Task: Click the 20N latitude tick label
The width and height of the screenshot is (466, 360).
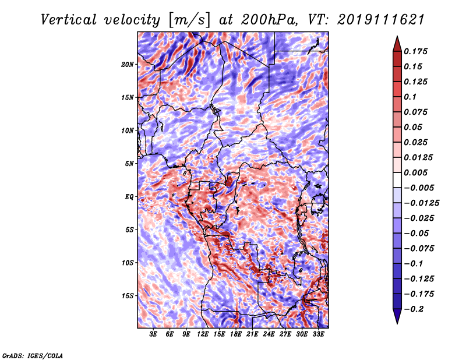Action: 128,64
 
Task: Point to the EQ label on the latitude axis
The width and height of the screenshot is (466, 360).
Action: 129,197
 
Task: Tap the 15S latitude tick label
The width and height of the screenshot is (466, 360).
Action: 128,296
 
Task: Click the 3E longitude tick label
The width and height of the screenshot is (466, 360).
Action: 154,334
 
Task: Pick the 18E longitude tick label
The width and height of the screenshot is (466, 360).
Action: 236,334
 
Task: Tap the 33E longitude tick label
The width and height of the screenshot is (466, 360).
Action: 318,334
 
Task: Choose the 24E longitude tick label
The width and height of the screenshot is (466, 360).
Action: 269,334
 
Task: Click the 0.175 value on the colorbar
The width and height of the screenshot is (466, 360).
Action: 417,51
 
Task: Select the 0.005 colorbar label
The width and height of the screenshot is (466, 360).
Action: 417,172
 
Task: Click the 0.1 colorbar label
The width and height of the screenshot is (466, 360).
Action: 411,97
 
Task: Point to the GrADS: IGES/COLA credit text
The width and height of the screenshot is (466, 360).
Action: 32,355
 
